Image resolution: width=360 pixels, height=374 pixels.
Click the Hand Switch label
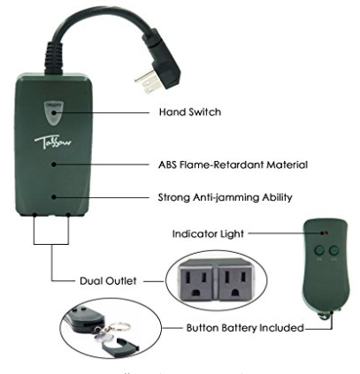coord(190,112)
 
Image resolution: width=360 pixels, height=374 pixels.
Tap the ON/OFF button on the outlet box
coord(54,113)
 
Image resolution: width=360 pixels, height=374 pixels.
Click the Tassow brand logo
coord(53,142)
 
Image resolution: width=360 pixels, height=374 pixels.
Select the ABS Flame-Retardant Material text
coord(233,164)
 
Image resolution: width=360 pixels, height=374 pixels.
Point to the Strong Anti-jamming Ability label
coord(225,197)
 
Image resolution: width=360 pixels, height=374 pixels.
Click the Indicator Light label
coord(208,233)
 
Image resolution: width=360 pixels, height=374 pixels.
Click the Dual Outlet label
coord(108,280)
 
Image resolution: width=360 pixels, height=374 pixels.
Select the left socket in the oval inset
coord(198,282)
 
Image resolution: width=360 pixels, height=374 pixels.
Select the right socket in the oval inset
coord(236,282)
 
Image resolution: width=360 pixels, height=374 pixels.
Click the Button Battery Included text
coord(245,328)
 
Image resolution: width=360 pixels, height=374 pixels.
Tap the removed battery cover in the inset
coord(120,347)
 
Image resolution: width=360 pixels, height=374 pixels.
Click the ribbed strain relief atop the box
coord(54,58)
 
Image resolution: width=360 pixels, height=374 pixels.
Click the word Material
coord(287,164)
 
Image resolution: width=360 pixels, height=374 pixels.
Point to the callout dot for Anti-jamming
coord(53,197)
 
